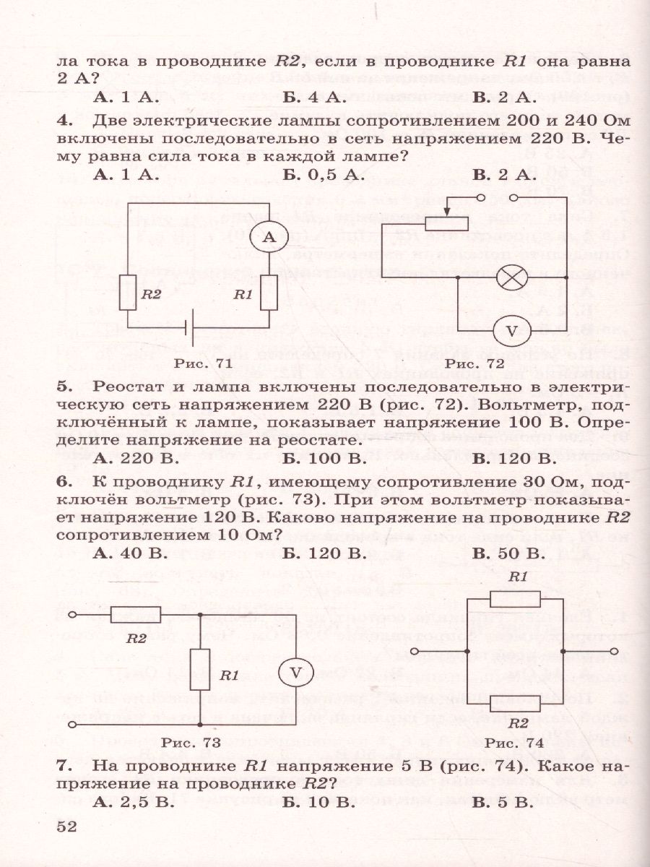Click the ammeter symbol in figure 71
pyautogui.click(x=269, y=236)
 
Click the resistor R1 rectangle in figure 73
pyautogui.click(x=199, y=668)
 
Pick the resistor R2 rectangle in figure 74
pyautogui.click(x=515, y=702)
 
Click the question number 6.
pyautogui.click(x=61, y=480)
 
